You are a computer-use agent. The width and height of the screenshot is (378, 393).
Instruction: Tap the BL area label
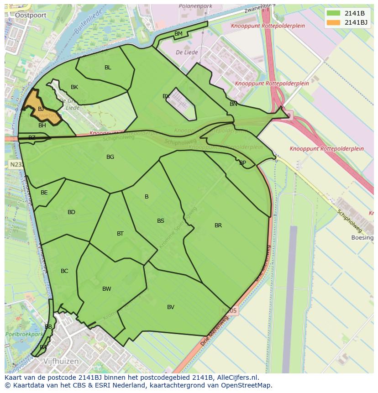pyautogui.click(x=108, y=68)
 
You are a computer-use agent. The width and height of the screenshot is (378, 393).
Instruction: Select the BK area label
pyautogui.click(x=74, y=87)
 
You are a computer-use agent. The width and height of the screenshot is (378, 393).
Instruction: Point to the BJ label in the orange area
pyautogui.click(x=41, y=109)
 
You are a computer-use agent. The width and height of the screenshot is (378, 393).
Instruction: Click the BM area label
pyautogui.click(x=178, y=34)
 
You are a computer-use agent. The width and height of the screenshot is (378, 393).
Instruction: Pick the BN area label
pyautogui.click(x=233, y=104)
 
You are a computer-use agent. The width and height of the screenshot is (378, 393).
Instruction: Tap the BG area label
pyautogui.click(x=110, y=157)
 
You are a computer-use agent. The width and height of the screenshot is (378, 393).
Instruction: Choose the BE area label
pyautogui.click(x=44, y=193)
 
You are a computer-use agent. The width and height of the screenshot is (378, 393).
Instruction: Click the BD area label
pyautogui.click(x=71, y=212)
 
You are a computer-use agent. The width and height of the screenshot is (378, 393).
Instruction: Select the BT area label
pyautogui.click(x=120, y=234)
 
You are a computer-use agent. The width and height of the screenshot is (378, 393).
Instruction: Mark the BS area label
pyautogui.click(x=161, y=221)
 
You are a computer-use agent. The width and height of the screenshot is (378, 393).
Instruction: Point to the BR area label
pyautogui.click(x=218, y=225)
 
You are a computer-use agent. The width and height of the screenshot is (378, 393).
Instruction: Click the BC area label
pyautogui.click(x=64, y=271)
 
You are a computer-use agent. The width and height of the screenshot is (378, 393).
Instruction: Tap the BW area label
pyautogui.click(x=107, y=289)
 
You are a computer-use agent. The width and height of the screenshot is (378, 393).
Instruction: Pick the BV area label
pyautogui.click(x=171, y=307)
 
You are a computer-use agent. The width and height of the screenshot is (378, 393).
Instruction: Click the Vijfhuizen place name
pyautogui.click(x=61, y=361)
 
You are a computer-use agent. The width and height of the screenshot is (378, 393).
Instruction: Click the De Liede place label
pyautogui.click(x=187, y=52)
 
